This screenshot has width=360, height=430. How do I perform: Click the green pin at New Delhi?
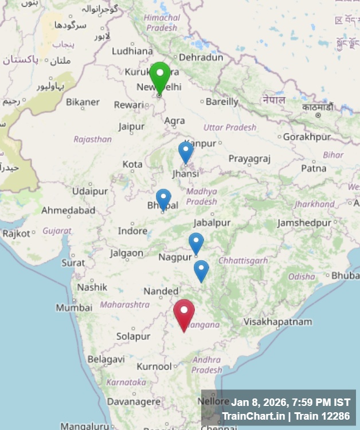(x=159, y=76)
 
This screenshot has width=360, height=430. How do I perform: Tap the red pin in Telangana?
(x=184, y=312)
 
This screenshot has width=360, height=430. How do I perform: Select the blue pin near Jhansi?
(x=185, y=151)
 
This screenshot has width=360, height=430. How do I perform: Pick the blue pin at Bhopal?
(x=163, y=198)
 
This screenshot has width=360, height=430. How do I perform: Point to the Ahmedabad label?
(x=68, y=210)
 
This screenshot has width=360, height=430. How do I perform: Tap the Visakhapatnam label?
(x=278, y=322)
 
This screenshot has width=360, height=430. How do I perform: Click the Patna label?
(x=314, y=169)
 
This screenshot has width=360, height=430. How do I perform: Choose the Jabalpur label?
(x=212, y=222)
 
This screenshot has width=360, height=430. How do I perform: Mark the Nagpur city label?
(x=175, y=257)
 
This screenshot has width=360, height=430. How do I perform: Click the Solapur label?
(x=133, y=337)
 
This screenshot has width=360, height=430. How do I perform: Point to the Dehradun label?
(x=201, y=57)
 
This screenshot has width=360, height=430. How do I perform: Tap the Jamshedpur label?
(x=304, y=222)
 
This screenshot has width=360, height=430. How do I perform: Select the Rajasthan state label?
(x=92, y=139)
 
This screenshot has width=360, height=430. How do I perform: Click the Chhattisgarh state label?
(x=244, y=261)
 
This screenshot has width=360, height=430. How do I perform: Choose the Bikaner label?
(x=83, y=102)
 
